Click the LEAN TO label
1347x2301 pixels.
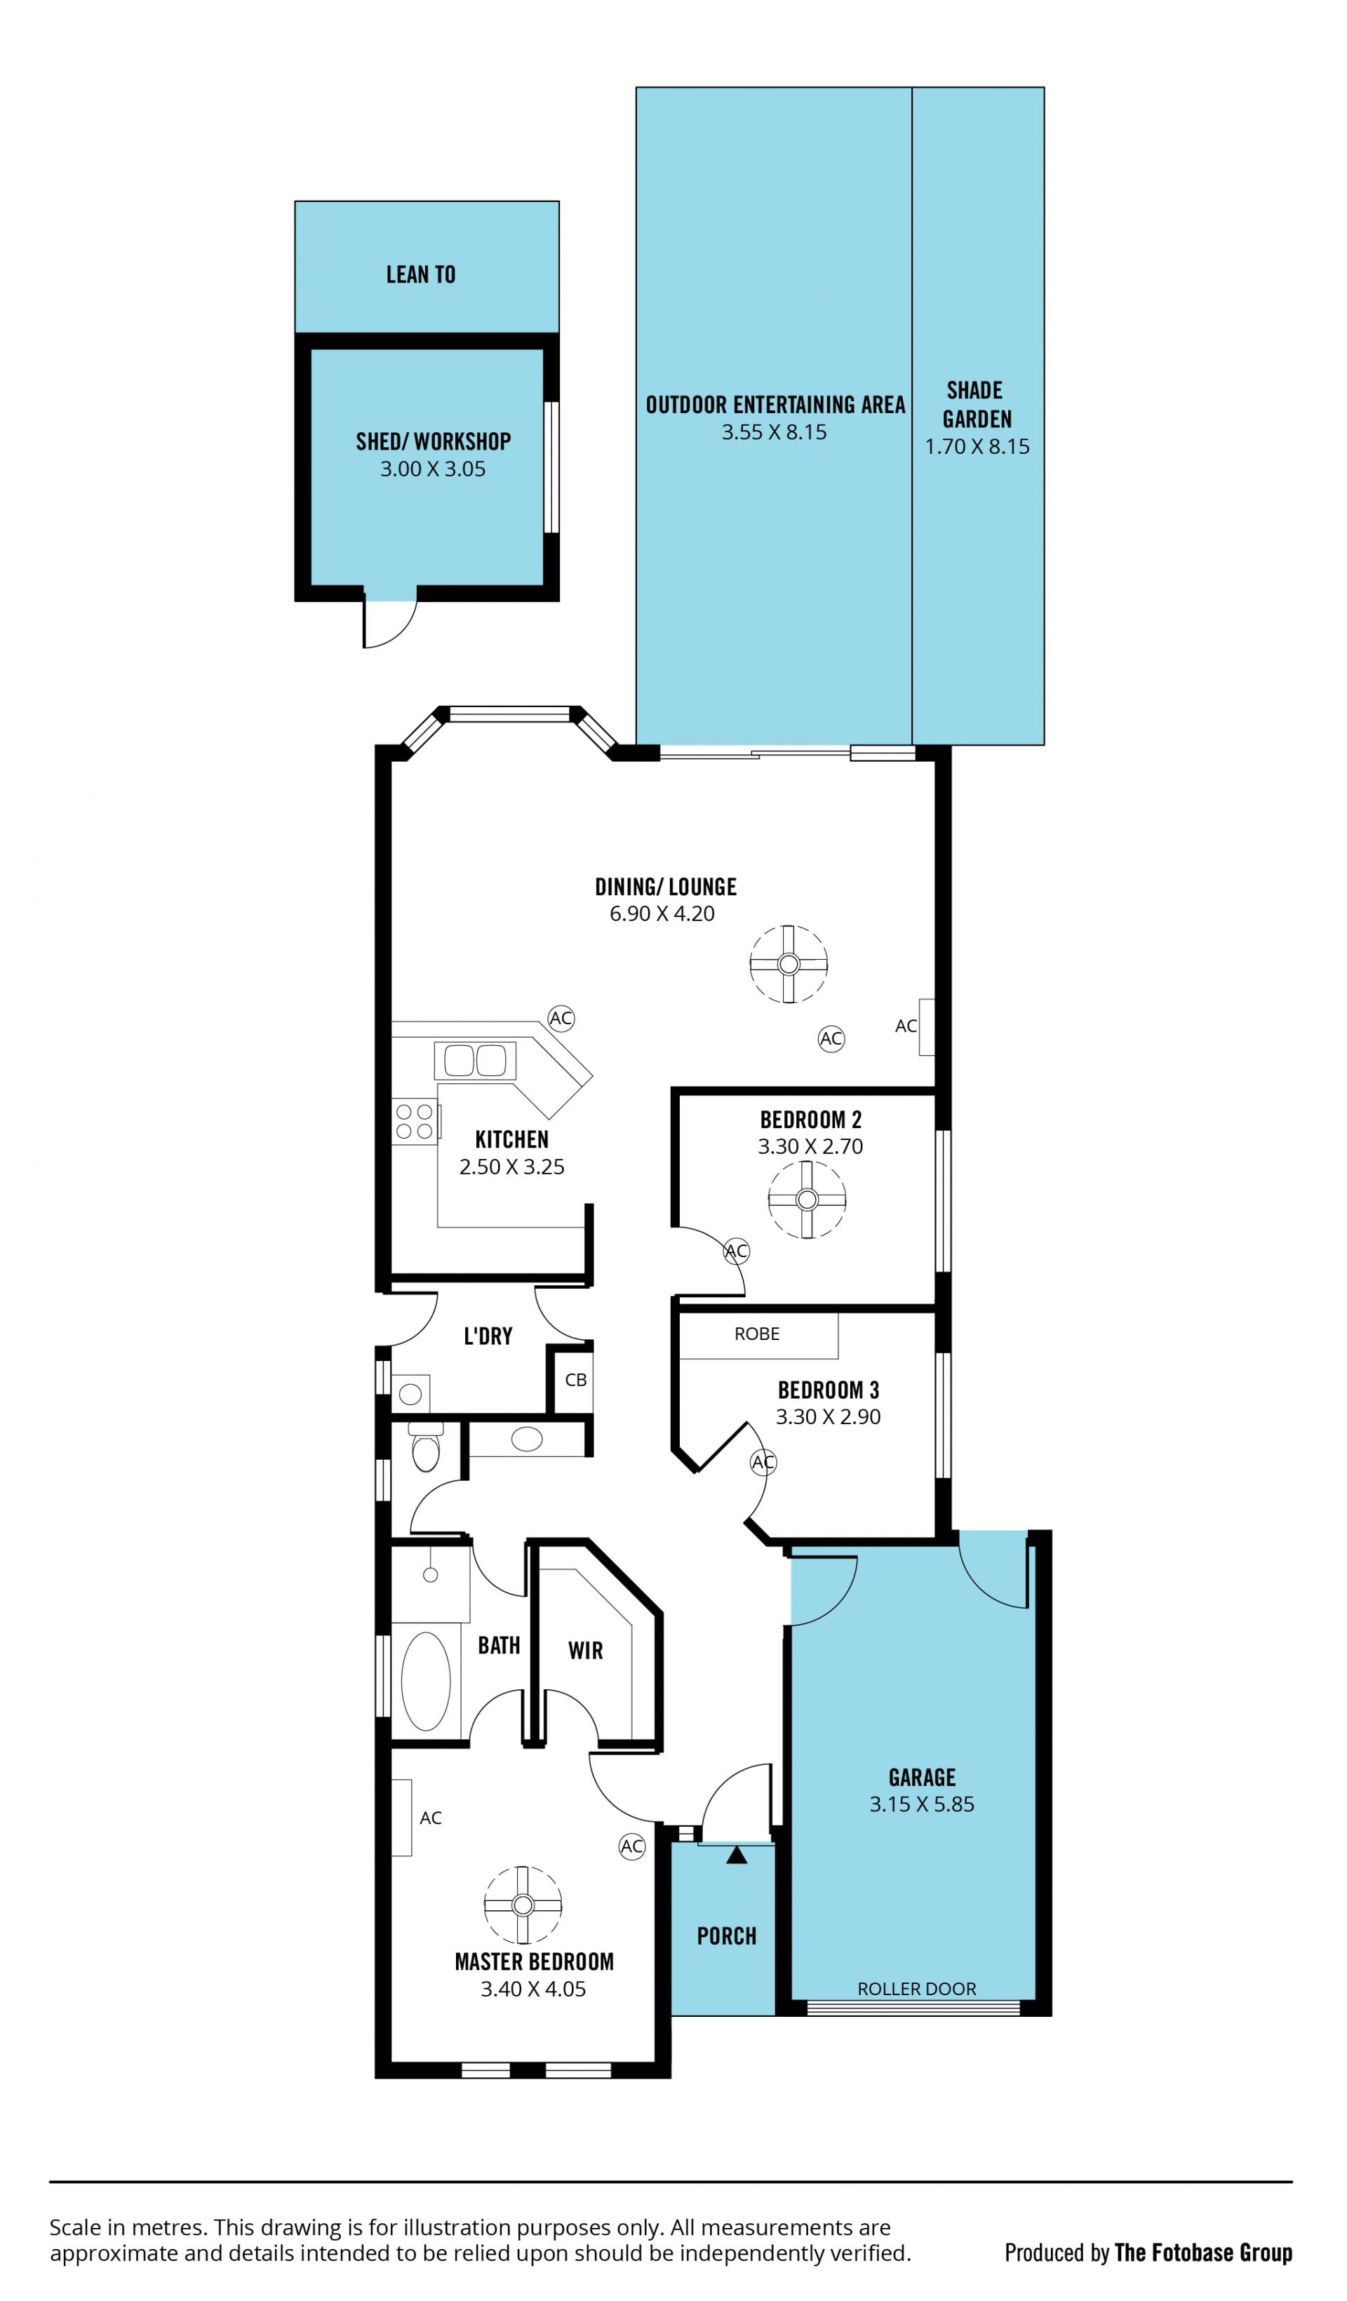(421, 275)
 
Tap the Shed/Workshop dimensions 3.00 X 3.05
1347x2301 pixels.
(433, 469)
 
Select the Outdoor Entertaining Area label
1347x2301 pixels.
(775, 405)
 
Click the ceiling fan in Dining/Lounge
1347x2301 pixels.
(789, 964)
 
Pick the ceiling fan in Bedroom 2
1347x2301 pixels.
(807, 1200)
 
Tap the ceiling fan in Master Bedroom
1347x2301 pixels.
(523, 1905)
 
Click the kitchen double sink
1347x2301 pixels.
(475, 1060)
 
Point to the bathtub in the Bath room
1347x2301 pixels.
(426, 1682)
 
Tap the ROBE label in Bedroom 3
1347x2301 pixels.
(757, 1334)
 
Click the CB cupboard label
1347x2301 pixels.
(575, 1380)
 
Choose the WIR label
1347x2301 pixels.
(585, 1651)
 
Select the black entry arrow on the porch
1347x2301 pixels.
(737, 1856)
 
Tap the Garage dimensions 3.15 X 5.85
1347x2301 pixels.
(923, 1805)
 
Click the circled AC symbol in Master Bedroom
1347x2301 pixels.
(632, 1846)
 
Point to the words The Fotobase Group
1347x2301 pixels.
(1204, 2253)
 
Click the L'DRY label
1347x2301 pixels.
(488, 1337)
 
